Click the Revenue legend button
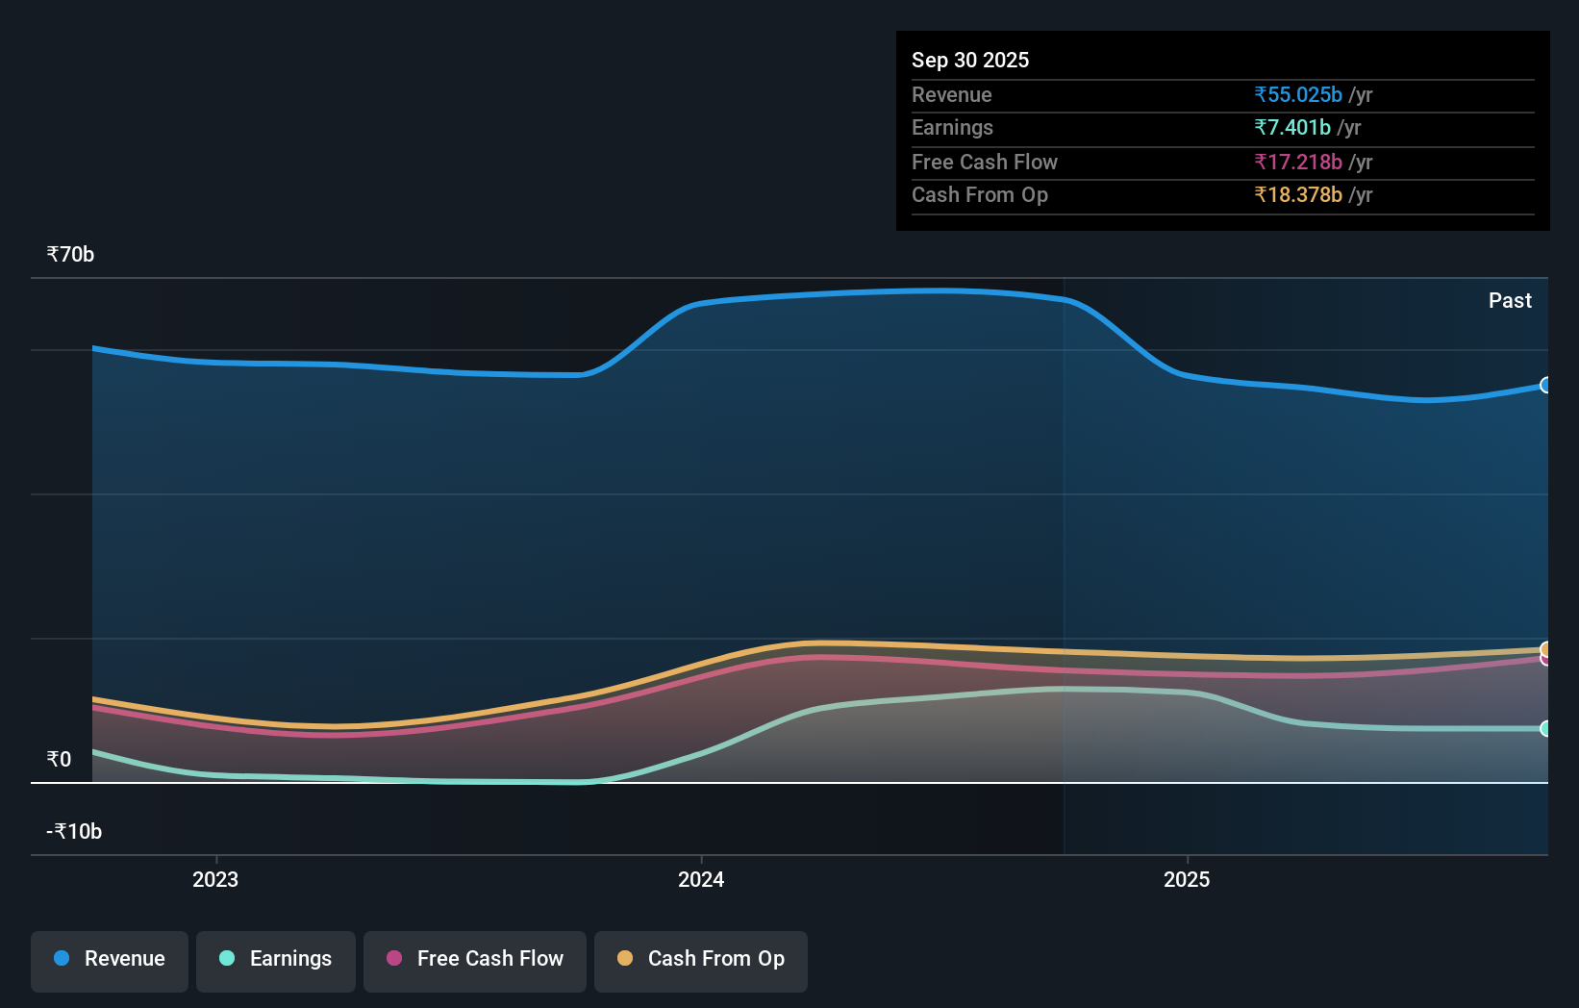[110, 959]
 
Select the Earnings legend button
[276, 959]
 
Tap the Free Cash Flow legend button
[475, 959]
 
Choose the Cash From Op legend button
[701, 959]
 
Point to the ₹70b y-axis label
[71, 255]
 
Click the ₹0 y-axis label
[60, 760]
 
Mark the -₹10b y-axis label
[75, 832]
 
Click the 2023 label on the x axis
[215, 880]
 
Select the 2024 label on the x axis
[701, 880]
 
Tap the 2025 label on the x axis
[1187, 880]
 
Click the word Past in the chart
[1510, 301]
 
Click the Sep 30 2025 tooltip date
[970, 61]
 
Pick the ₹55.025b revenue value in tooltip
[1298, 95]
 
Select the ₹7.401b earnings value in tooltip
[1292, 128]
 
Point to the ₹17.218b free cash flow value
[1298, 163]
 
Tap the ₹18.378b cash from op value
[1298, 195]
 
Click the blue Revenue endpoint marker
[1545, 386]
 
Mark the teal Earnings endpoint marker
[1545, 729]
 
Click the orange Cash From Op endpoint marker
[1545, 649]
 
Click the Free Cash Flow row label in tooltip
[985, 163]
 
